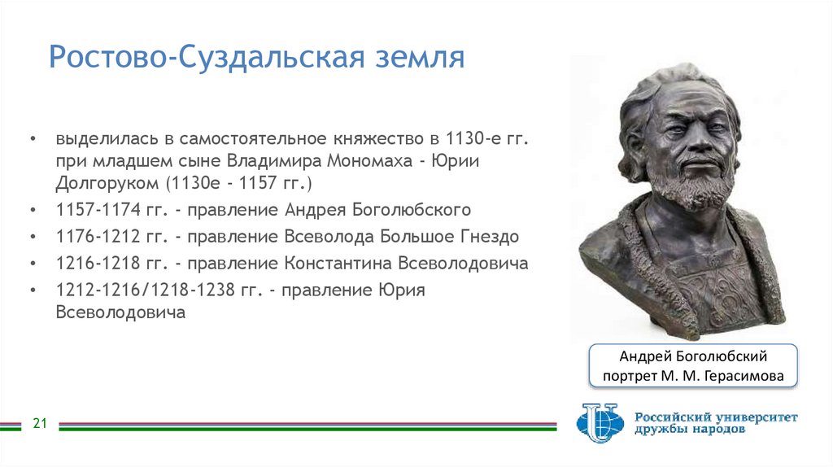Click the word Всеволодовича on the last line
120,312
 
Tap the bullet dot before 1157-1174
32,210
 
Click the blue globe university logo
600,422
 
